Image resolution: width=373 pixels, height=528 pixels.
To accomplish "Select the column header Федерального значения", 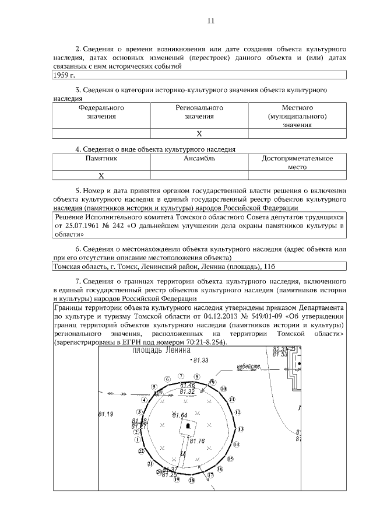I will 101,112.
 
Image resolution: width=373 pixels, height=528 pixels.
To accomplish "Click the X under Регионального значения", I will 199,134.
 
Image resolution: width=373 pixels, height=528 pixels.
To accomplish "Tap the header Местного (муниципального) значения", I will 297,116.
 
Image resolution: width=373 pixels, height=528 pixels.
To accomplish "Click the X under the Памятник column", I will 101,175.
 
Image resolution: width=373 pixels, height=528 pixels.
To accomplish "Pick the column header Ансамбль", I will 199,158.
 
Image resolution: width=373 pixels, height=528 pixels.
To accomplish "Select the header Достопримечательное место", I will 297,162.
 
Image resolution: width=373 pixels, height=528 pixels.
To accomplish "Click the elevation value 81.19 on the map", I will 105,414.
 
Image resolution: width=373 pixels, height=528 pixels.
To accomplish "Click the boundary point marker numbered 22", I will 140,451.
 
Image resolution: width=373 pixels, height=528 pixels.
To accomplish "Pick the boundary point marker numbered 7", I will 181,376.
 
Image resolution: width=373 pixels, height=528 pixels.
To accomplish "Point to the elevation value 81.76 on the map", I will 197,441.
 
